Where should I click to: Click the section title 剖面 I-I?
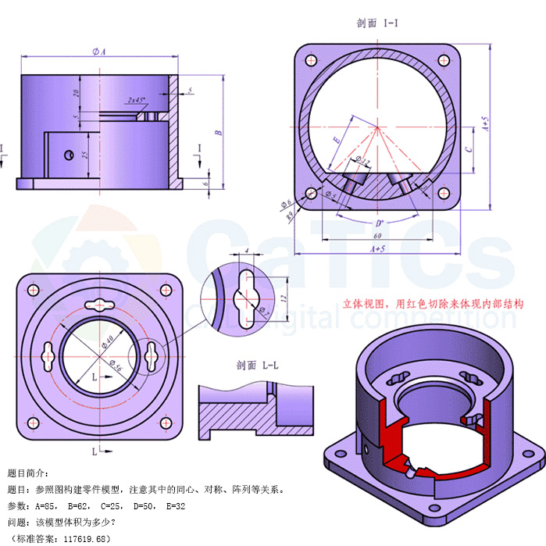[378, 23]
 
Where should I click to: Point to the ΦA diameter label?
[98, 52]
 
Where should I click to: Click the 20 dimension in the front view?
[76, 92]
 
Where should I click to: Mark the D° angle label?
[380, 222]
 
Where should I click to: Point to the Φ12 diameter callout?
[362, 161]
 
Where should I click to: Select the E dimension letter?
[337, 138]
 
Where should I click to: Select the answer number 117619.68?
[84, 538]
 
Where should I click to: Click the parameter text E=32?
[174, 505]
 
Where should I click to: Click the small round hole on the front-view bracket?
[70, 152]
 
